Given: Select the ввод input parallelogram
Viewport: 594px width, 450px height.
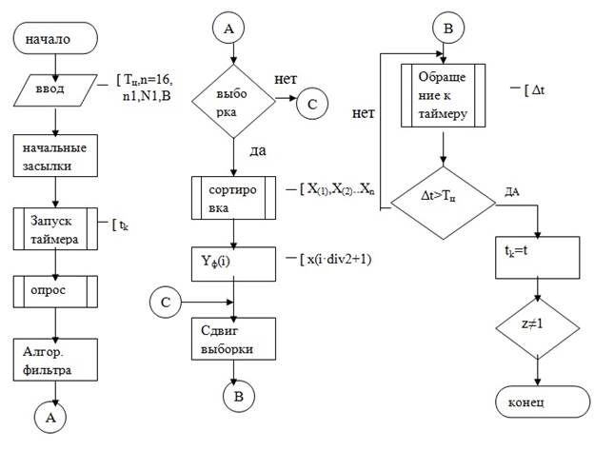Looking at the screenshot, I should (56, 90).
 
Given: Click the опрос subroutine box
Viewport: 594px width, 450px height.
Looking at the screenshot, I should (56, 290).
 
